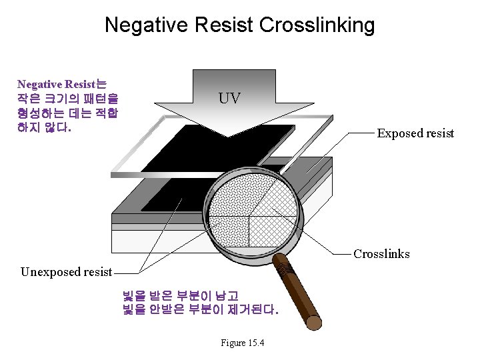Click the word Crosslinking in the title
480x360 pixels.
(317, 25)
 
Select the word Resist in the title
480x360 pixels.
(222, 25)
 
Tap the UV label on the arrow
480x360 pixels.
(229, 99)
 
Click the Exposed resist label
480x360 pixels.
(415, 133)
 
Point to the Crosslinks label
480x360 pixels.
(381, 254)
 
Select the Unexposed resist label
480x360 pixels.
(66, 271)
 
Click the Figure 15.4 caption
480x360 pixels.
(242, 343)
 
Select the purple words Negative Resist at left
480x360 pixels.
(56, 84)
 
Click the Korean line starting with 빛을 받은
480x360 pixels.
(181, 295)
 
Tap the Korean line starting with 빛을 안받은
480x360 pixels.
(200, 310)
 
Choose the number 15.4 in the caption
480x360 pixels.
(256, 343)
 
